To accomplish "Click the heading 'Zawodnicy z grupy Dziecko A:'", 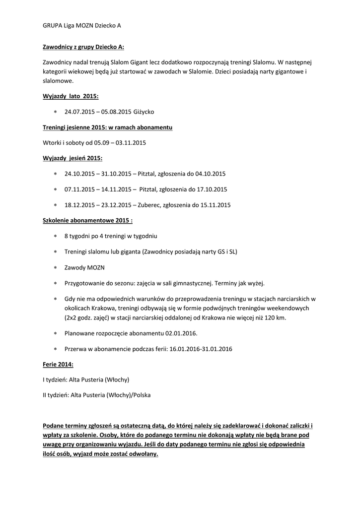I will pyautogui.click(x=83, y=47).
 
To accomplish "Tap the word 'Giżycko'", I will pyautogui.click(x=144, y=112).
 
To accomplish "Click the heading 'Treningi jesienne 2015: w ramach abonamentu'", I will pyautogui.click(x=107, y=127).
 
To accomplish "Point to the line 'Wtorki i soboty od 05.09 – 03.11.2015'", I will pyautogui.click(x=94, y=143).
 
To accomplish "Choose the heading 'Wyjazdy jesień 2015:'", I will pyautogui.click(x=72, y=158).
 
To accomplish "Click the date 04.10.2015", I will pyautogui.click(x=209, y=174).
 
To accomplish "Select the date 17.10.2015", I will pyautogui.click(x=210, y=189).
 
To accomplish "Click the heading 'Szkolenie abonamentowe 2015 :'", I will pyautogui.click(x=88, y=220).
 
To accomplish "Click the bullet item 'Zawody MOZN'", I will pyautogui.click(x=84, y=267).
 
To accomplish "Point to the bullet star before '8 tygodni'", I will pyautogui.click(x=56, y=236).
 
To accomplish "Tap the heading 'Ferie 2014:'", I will pyautogui.click(x=58, y=364).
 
